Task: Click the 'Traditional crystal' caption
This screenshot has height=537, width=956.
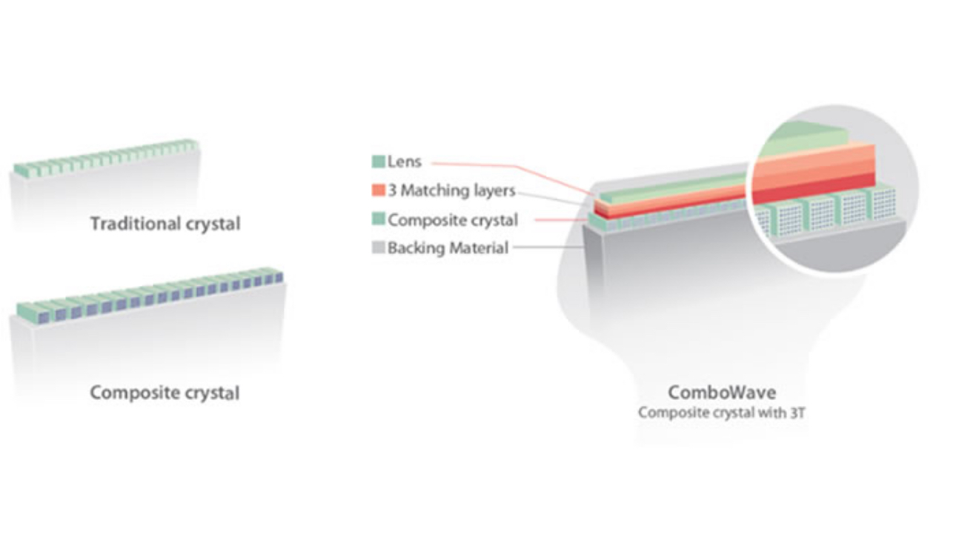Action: (165, 223)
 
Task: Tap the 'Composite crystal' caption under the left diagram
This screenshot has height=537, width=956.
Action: (165, 392)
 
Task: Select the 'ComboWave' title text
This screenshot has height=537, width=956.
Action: (721, 392)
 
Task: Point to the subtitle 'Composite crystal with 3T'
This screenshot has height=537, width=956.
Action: (721, 413)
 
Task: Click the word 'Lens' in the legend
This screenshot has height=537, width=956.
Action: (404, 162)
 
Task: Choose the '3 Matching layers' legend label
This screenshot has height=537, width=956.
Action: (451, 190)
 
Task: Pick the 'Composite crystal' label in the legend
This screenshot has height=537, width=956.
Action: (453, 220)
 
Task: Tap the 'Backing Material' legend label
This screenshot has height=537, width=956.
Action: (448, 248)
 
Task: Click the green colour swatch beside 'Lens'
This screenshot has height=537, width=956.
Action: (378, 162)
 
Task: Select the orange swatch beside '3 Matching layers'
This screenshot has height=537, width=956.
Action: (378, 190)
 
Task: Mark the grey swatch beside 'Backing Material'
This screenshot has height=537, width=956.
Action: (378, 248)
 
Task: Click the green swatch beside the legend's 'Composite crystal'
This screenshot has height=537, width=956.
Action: (378, 220)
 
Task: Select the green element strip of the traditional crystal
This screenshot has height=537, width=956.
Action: (104, 157)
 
